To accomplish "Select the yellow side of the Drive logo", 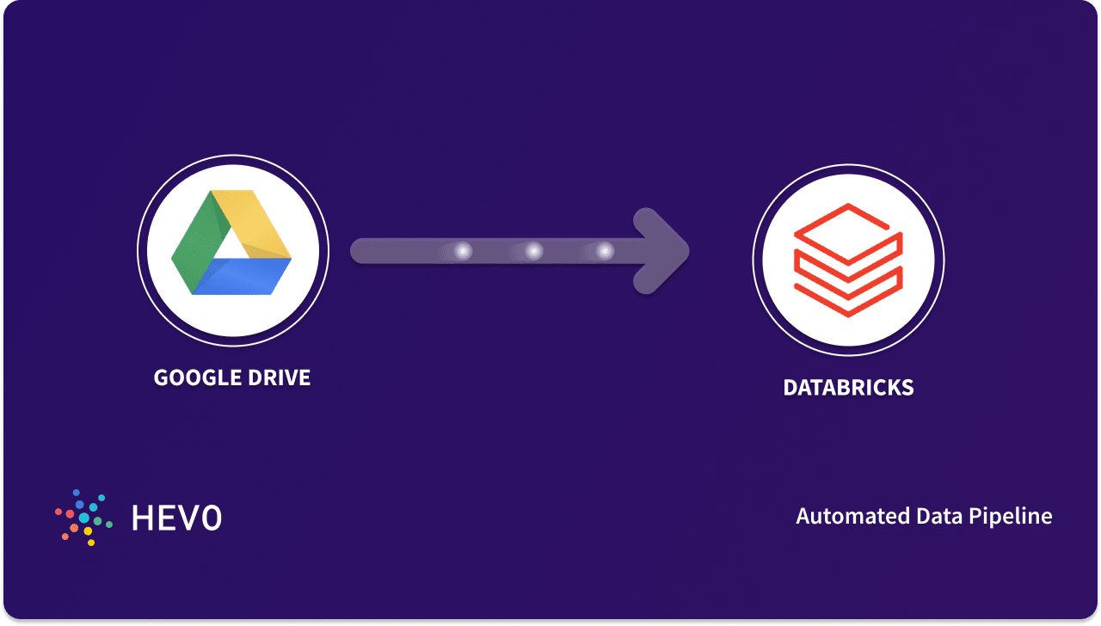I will point(257,220).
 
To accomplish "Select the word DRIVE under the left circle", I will point(278,377).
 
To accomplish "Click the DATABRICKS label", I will point(848,388).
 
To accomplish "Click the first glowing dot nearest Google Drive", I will point(464,251).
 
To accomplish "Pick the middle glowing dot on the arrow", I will point(534,251).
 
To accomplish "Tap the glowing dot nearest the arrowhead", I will point(606,251).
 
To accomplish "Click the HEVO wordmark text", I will point(176,518).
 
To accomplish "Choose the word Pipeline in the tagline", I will point(1010,517).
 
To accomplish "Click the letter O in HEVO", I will point(211,518).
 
